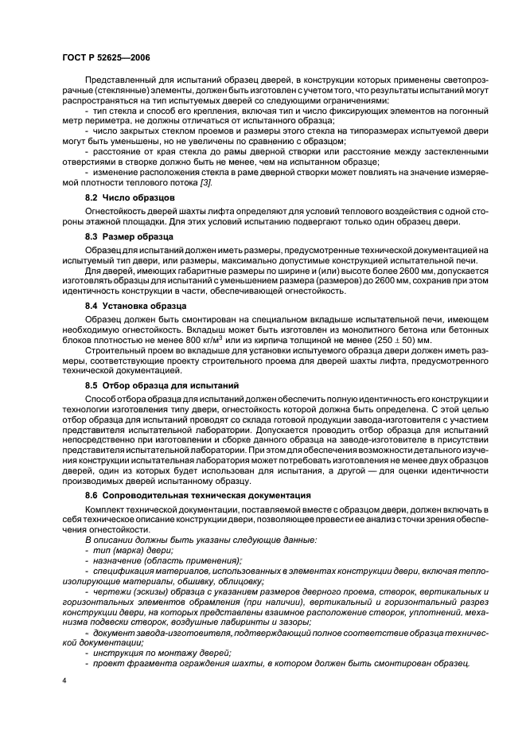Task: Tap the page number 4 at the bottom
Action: [x=64, y=681]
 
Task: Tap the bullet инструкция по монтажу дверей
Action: [x=162, y=653]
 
